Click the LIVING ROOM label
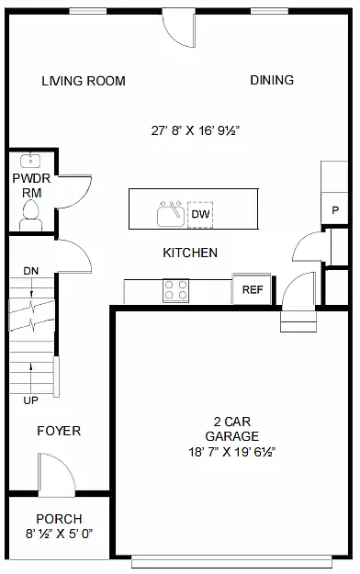(x=84, y=81)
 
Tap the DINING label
(x=272, y=81)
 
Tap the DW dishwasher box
(x=200, y=215)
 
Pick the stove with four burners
(x=176, y=290)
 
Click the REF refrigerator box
(x=253, y=290)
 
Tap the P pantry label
(x=335, y=211)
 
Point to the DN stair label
(x=31, y=271)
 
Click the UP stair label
(x=31, y=401)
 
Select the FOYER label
(x=59, y=431)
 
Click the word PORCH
(x=60, y=519)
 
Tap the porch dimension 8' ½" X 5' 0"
(x=60, y=534)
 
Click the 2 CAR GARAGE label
(x=231, y=429)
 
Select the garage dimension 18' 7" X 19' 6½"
(x=231, y=452)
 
